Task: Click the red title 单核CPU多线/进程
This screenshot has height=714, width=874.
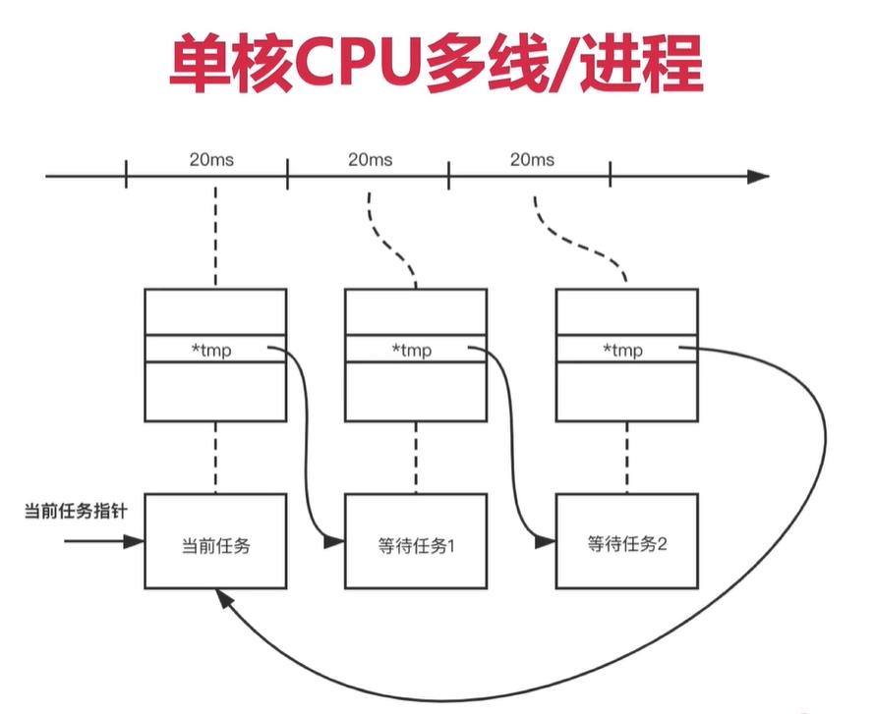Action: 436,64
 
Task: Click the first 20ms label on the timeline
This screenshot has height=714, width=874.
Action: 211,160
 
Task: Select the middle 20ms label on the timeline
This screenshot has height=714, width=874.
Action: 371,160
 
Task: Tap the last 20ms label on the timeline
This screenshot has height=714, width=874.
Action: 532,160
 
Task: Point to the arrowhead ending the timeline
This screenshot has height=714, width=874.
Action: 758,177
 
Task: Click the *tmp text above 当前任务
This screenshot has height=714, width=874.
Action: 211,351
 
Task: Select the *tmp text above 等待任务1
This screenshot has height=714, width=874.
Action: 412,351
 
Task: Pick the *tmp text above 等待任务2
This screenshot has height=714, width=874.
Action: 623,351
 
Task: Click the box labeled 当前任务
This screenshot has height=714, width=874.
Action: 215,541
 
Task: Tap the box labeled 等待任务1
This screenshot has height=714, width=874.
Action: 416,541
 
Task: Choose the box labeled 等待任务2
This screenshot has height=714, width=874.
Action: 627,541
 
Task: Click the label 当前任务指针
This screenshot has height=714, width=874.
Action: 76,511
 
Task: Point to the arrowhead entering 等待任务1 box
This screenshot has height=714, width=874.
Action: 334,541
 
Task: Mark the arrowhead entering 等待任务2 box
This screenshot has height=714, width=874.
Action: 545,541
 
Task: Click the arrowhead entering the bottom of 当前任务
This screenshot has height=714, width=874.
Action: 224,598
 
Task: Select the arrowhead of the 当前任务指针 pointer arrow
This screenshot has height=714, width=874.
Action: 134,541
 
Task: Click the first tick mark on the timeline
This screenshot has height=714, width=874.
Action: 126,174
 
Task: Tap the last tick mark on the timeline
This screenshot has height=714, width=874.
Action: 611,174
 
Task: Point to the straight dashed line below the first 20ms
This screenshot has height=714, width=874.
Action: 215,236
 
